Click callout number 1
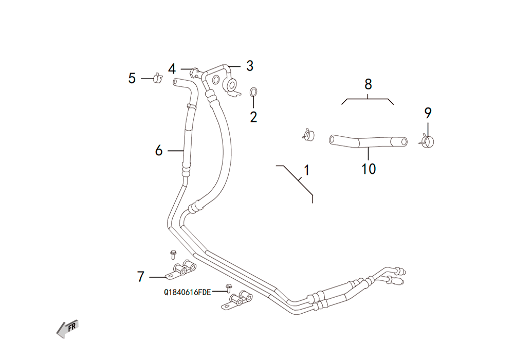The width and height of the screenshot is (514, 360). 306,170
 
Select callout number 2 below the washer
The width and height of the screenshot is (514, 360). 253,117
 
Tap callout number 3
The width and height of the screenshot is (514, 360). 250,66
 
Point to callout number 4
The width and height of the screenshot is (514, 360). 172,69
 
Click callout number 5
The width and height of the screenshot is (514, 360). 132,78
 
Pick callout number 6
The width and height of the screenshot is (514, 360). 159,151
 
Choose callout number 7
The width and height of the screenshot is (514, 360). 141,277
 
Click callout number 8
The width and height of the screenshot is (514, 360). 368,84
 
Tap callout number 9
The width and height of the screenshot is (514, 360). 428,113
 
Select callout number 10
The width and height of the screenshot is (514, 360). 369,169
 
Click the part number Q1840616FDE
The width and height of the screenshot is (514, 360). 187,292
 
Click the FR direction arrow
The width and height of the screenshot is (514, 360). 67,329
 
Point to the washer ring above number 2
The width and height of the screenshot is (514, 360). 253,93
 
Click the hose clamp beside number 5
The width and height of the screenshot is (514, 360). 158,78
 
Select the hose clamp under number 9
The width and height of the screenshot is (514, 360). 427,141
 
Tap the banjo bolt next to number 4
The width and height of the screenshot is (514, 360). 195,72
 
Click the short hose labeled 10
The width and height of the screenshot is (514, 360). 368,141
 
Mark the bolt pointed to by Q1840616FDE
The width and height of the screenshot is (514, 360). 229,288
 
